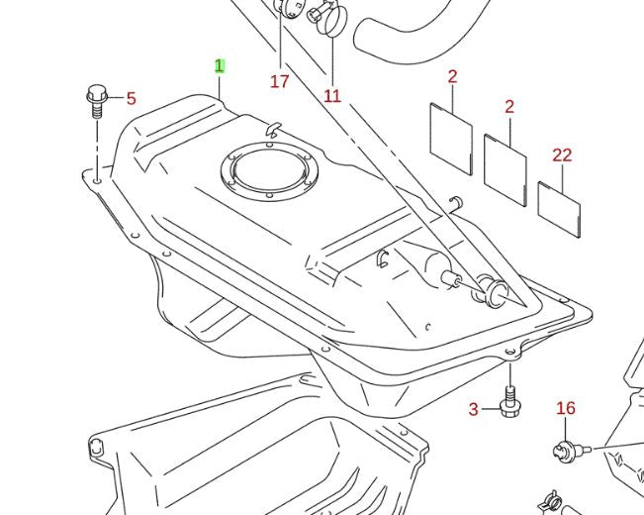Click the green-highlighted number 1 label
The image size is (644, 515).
pos(220,66)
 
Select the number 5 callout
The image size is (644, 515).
pos(131,98)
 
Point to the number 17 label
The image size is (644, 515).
pos(279,81)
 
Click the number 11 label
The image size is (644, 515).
pos(332,96)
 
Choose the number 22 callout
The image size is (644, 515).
pos(562,154)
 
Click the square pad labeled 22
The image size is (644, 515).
pos(559,209)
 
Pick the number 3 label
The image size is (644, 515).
pos(473,409)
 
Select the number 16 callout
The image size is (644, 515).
pos(565,408)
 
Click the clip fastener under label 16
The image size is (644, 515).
pos(565,451)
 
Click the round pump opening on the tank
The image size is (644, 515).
pos(269,175)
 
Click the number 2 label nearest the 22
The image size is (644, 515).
pos(508,106)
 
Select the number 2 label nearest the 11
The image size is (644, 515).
pos(452,76)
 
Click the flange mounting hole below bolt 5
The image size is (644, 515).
pos(96,180)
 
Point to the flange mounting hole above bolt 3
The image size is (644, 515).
pos(509,352)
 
